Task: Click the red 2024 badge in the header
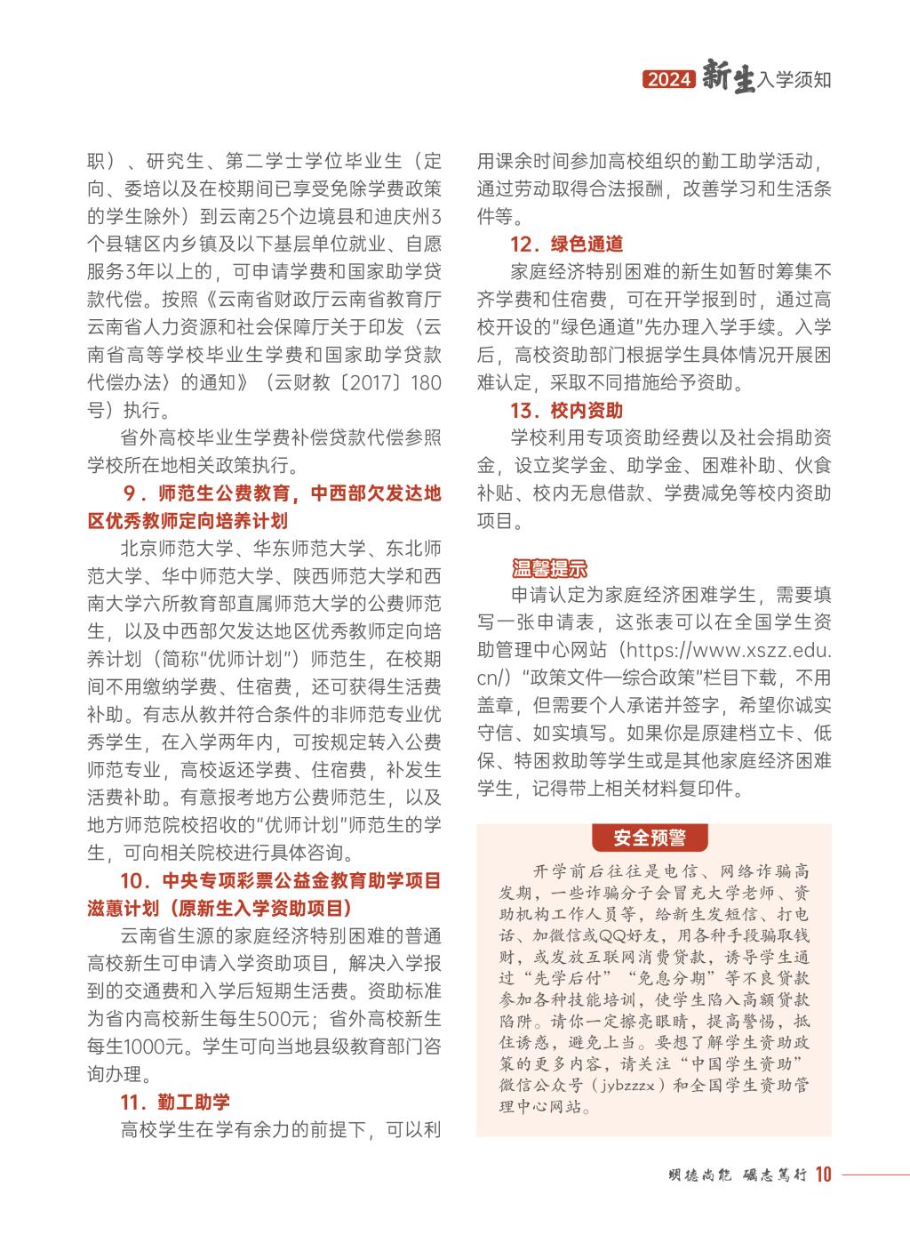click(668, 80)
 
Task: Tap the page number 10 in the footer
click(822, 1175)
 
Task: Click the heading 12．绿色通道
click(566, 245)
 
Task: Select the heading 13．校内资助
click(566, 411)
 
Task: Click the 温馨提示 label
click(549, 568)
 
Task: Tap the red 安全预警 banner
click(650, 838)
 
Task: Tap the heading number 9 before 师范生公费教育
click(129, 493)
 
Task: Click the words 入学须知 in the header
click(794, 80)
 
